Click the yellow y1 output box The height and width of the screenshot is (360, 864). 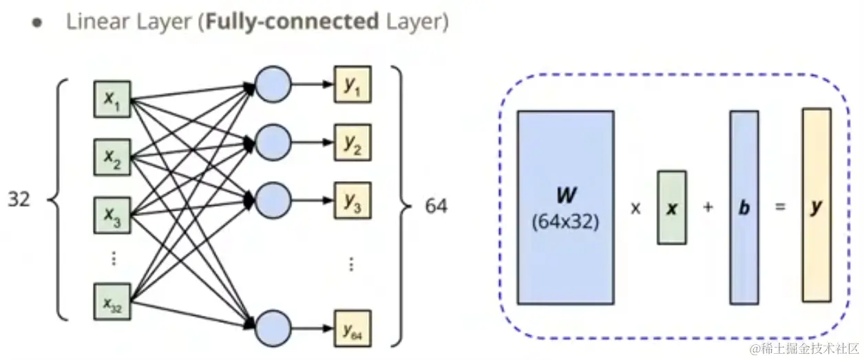click(352, 85)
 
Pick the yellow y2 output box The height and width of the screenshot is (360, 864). click(352, 142)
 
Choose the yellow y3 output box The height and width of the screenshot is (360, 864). click(352, 200)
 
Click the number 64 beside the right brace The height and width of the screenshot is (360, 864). click(436, 206)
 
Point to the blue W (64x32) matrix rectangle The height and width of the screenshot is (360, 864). click(565, 207)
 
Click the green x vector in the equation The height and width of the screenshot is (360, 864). click(672, 207)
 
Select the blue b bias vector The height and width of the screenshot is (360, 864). click(744, 207)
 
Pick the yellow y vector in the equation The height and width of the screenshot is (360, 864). click(816, 206)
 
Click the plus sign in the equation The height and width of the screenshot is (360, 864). click(708, 207)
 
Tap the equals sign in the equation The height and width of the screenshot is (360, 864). click(780, 207)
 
